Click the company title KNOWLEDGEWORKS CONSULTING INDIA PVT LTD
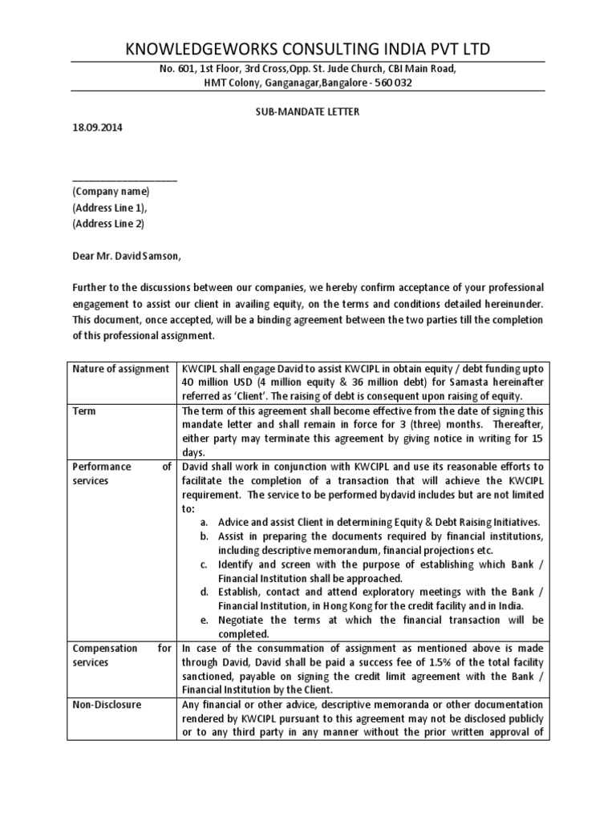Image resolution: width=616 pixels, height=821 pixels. [x=308, y=49]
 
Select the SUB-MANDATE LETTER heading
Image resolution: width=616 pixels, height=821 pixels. [x=307, y=111]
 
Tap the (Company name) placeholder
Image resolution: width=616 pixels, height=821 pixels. [x=111, y=192]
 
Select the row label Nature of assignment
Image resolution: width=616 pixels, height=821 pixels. [x=120, y=369]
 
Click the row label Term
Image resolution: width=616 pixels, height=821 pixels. [x=83, y=410]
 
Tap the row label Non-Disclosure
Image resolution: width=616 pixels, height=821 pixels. [x=107, y=705]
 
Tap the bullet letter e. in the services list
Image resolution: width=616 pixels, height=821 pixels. [x=204, y=620]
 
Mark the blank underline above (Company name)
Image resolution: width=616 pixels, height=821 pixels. [x=124, y=178]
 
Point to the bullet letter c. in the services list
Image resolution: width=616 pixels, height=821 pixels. [x=204, y=564]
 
